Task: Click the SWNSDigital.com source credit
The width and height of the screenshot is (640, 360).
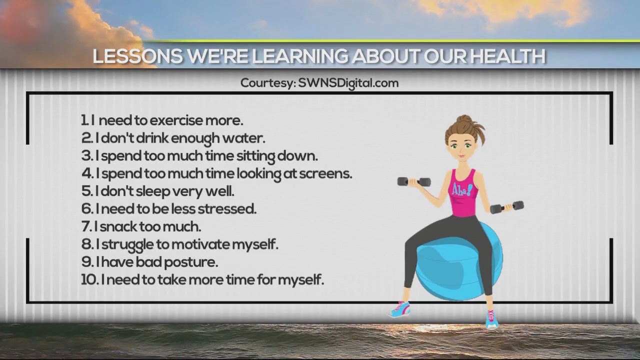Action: point(348,83)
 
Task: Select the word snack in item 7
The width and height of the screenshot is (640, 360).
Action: point(118,226)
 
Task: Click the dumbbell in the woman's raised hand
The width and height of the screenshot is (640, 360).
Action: point(414,181)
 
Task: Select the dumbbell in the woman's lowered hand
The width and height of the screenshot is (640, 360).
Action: point(506,207)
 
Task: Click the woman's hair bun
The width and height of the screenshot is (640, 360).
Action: point(464,120)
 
